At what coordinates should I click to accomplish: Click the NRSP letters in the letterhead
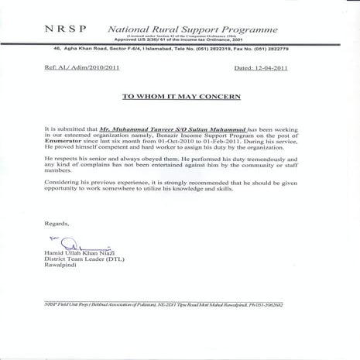67,28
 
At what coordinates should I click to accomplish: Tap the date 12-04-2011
273,69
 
